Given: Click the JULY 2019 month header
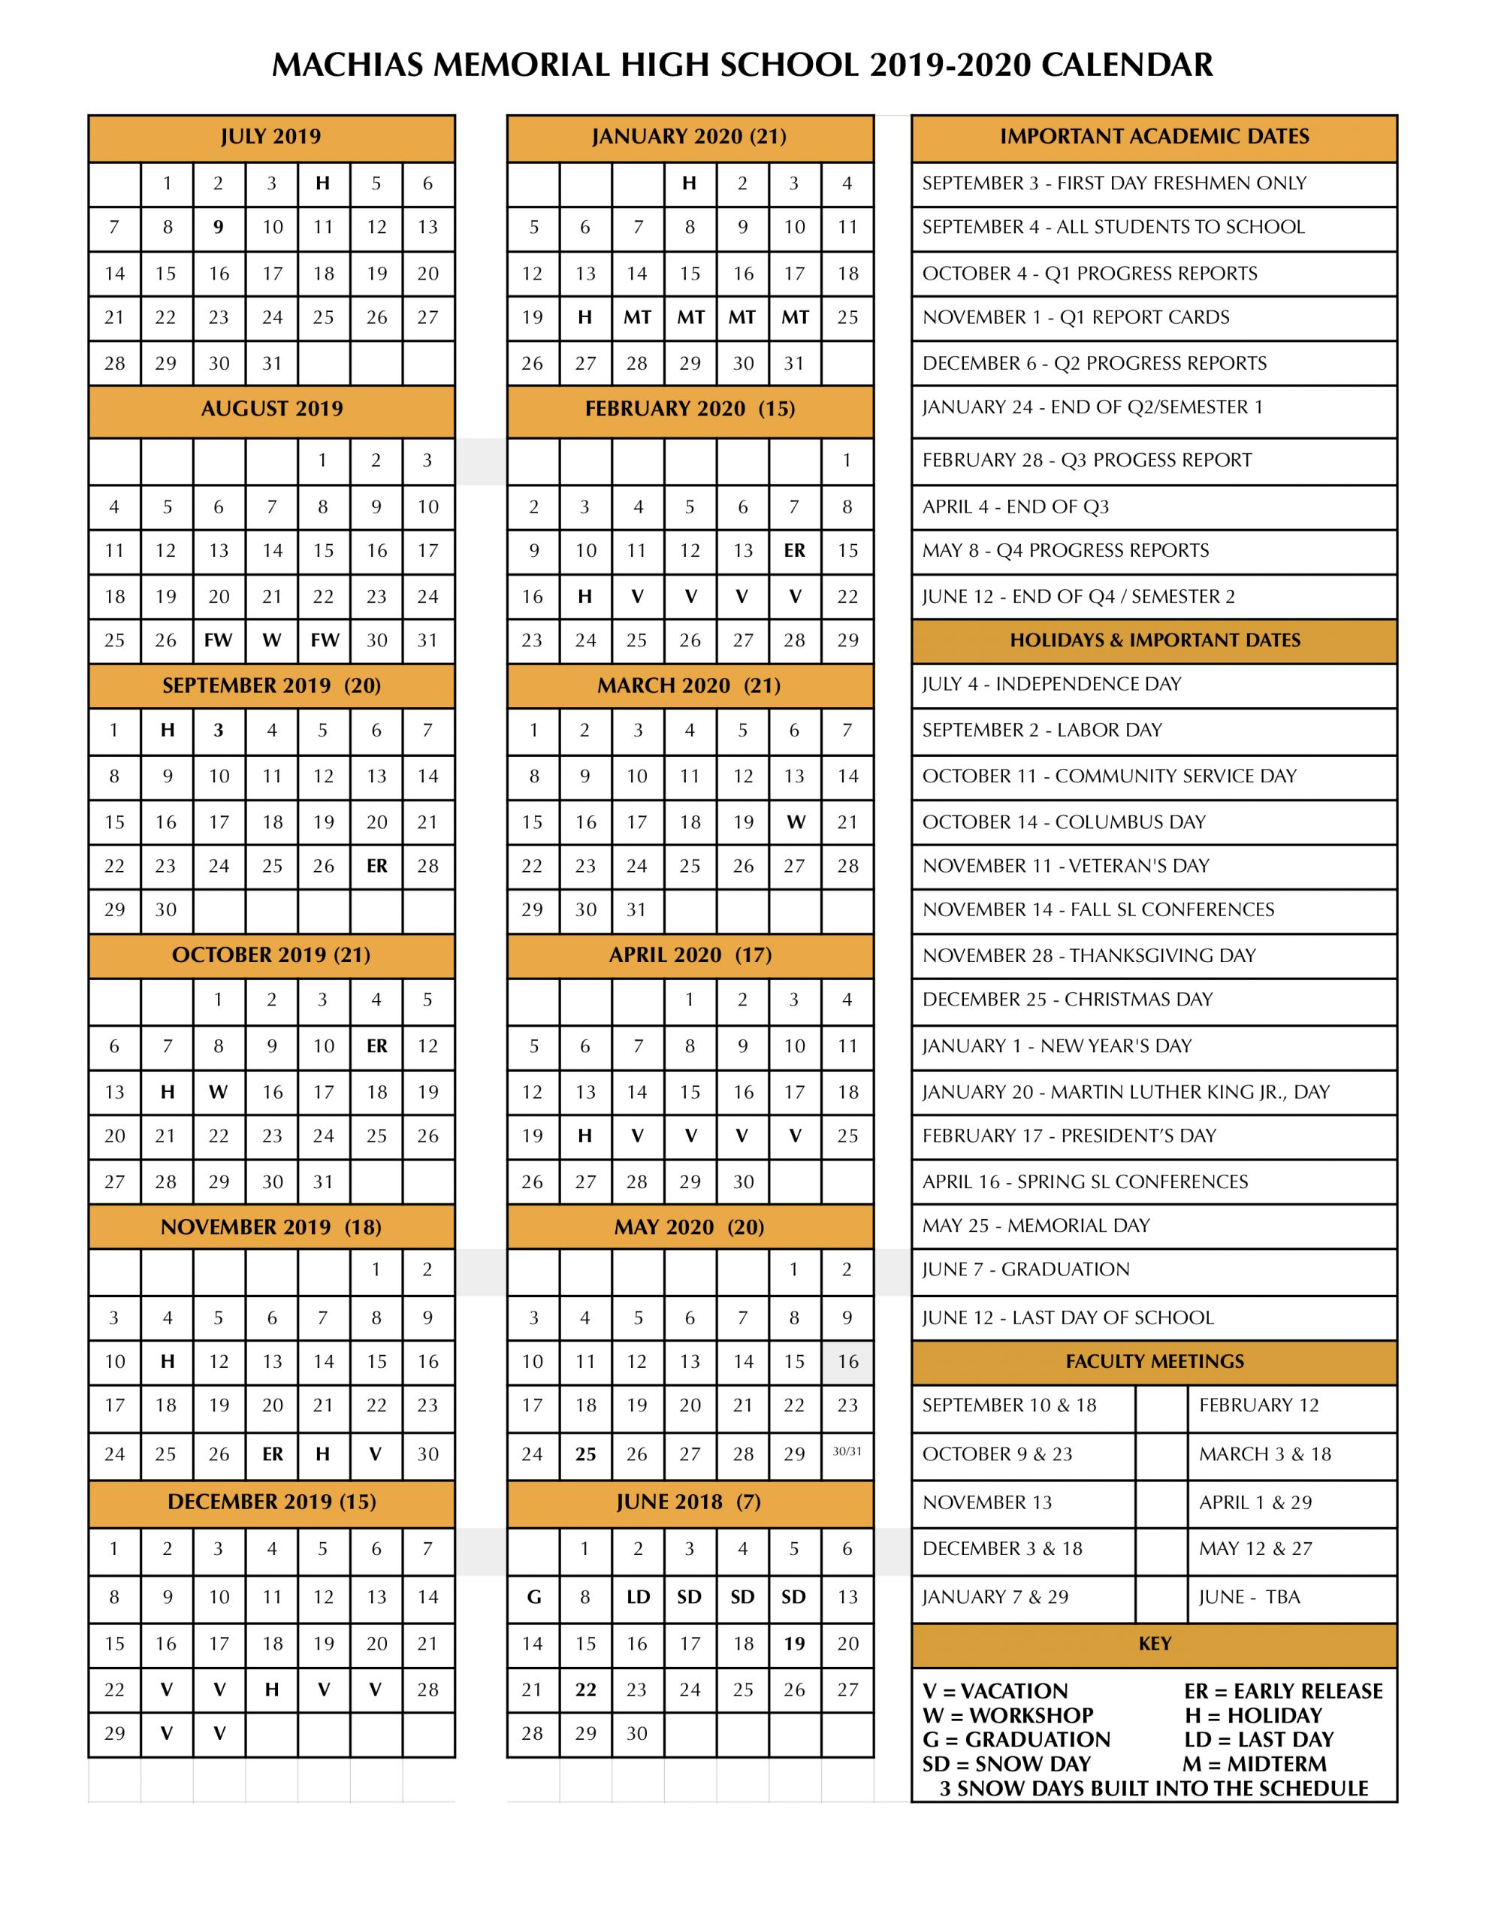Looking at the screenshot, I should coord(270,137).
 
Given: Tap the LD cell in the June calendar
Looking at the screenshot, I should coord(638,1597).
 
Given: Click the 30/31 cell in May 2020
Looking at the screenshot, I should coord(847,1452).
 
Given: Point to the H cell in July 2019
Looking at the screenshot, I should coord(323,183).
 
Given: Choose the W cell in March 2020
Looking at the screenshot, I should coord(796,822).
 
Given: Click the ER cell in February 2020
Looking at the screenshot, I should coord(795,551).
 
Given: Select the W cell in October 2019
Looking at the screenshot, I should coord(219,1092).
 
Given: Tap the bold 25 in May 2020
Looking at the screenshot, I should coord(585,1454).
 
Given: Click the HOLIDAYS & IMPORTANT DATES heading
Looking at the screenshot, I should coord(1154,640).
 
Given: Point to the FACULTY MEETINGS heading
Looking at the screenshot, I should coord(1154,1362).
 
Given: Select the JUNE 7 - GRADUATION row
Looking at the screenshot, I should coord(1025,1269).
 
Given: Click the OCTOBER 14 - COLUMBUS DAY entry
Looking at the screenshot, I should coord(1063,822).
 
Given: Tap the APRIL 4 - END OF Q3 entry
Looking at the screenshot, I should coord(1015,507).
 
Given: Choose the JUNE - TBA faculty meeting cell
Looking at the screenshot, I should coord(1249,1597).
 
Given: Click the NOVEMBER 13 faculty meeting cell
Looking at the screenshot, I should coord(986,1503).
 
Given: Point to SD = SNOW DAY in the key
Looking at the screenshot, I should coord(1006,1764).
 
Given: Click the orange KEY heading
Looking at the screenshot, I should coord(1154,1644).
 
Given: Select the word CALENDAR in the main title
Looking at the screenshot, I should coord(1127,65).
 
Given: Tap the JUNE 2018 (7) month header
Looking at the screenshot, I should coord(689,1502).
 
